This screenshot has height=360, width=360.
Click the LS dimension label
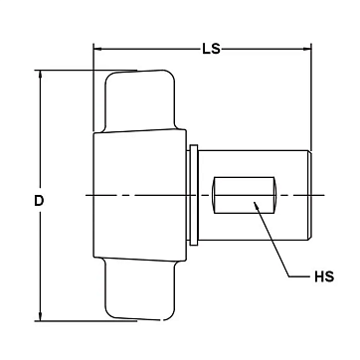click(x=211, y=49)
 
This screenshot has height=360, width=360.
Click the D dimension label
click(x=39, y=201)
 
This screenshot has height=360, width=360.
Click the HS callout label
click(x=324, y=276)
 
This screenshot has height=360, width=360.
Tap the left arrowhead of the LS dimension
click(x=97, y=49)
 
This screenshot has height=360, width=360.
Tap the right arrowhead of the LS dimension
click(x=307, y=49)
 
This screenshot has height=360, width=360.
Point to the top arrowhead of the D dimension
click(x=40, y=74)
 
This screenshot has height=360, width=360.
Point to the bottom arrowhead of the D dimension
click(x=40, y=317)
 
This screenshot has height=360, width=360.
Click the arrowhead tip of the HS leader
click(x=254, y=202)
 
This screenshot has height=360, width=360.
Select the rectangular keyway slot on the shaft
click(x=245, y=195)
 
